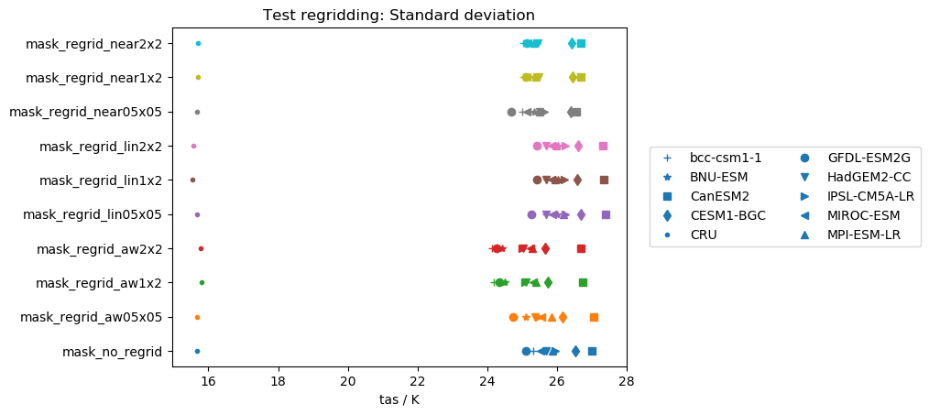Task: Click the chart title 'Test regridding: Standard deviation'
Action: (399, 15)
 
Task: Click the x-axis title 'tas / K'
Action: (399, 400)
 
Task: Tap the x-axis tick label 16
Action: (208, 381)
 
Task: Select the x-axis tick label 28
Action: (626, 381)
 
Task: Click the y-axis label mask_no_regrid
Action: (112, 352)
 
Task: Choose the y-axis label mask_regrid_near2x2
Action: (93, 44)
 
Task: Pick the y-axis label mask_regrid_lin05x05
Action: (92, 214)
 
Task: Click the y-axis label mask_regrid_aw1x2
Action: (98, 283)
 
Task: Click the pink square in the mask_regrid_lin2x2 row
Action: (603, 146)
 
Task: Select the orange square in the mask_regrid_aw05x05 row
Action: (594, 317)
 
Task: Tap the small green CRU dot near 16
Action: (202, 282)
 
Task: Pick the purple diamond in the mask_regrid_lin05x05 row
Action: (581, 214)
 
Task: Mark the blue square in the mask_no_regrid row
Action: (592, 351)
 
